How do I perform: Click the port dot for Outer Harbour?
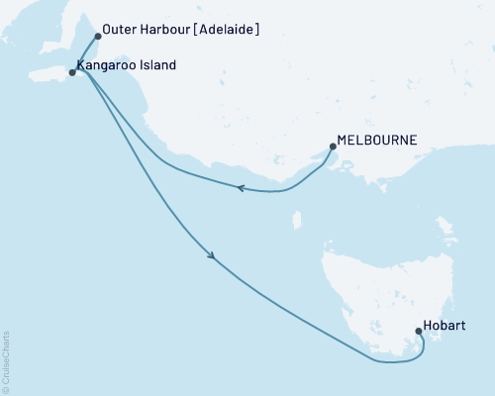(x=97, y=36)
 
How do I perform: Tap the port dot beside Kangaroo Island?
(x=71, y=72)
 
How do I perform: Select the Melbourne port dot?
(x=332, y=148)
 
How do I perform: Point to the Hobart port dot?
(x=418, y=319)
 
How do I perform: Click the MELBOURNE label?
(x=377, y=141)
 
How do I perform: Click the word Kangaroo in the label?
(x=106, y=66)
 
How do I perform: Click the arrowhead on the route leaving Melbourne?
(x=239, y=188)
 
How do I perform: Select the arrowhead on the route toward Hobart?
(x=212, y=256)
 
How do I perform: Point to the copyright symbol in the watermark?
(x=6, y=388)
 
